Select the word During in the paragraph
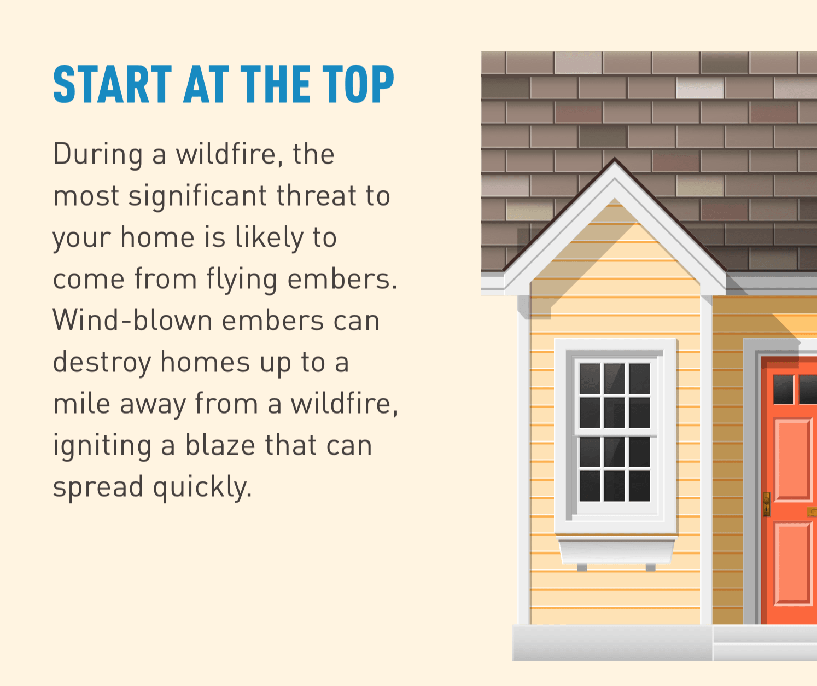(98, 154)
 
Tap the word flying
(242, 280)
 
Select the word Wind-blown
(132, 321)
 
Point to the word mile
(80, 404)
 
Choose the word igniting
(102, 446)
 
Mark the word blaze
(220, 445)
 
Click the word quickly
(202, 487)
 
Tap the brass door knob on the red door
(767, 504)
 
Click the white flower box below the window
(616, 550)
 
